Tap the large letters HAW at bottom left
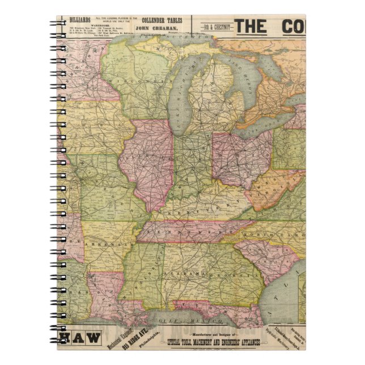pos(80,339)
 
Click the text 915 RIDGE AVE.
pos(127,339)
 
